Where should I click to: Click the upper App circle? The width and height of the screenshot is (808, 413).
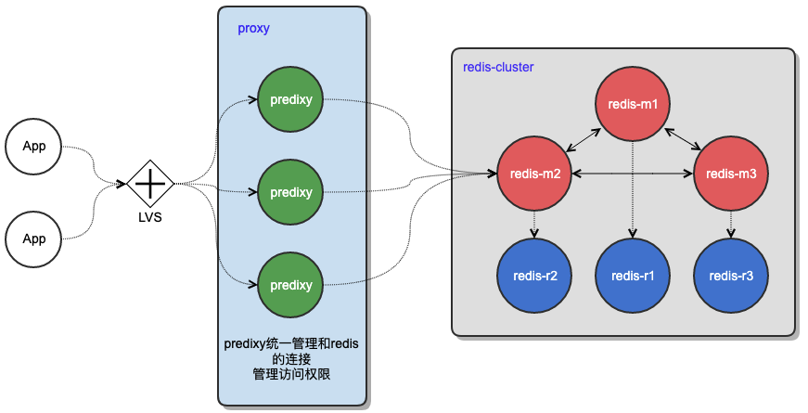pos(34,147)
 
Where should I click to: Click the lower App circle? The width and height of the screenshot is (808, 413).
pos(34,239)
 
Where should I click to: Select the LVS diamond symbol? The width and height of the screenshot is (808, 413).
pos(150,184)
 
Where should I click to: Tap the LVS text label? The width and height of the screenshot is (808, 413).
pos(150,217)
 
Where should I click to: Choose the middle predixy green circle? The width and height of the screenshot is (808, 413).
pos(291,193)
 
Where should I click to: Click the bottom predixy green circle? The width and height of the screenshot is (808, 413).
pos(291,286)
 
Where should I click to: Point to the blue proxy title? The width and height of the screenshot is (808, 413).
pos(253,28)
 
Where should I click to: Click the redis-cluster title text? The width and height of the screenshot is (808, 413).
pos(498,68)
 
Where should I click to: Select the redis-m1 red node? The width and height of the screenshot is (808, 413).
pos(633,104)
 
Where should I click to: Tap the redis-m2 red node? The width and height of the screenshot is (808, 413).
pos(533,174)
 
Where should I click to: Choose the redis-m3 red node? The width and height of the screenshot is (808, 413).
pos(731,174)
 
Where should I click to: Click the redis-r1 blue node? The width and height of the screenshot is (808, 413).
pos(633,276)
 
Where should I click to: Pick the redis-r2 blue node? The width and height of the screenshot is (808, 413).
pos(533,276)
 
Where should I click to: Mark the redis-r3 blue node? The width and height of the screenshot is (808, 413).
pos(731,276)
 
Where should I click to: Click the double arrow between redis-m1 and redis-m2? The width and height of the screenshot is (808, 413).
pos(584,138)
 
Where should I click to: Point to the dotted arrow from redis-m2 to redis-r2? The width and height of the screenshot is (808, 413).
pos(533,225)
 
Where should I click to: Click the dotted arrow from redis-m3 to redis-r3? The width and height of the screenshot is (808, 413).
pos(731,225)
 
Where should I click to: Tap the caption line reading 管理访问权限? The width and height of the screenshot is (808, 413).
pos(291,374)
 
